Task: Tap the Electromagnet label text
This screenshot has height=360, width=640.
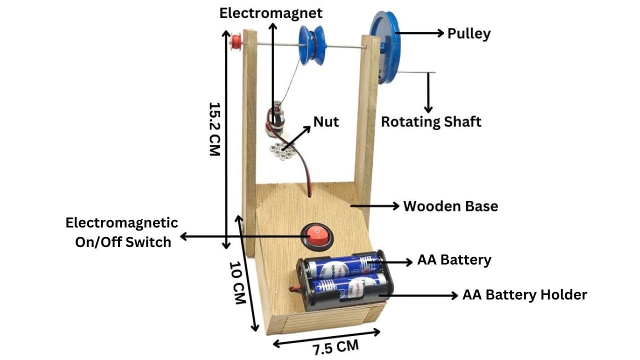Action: click(x=271, y=12)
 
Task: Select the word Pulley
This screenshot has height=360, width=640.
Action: click(x=468, y=33)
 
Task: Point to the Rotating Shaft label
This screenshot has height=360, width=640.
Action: click(x=431, y=121)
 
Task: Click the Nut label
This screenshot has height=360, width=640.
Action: click(x=326, y=121)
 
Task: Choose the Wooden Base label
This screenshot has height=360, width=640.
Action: click(x=450, y=206)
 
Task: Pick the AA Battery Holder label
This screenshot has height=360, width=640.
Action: click(x=524, y=295)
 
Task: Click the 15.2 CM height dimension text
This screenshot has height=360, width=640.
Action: click(x=214, y=129)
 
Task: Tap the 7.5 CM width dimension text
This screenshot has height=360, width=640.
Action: click(x=336, y=346)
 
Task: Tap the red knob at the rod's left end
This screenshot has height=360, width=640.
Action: click(x=234, y=42)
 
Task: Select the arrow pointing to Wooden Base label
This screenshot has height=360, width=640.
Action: click(x=375, y=205)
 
